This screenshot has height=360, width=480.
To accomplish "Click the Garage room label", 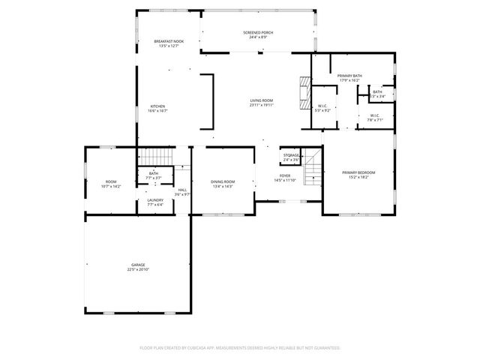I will [138, 265].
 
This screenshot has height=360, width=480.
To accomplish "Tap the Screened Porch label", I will [257, 33].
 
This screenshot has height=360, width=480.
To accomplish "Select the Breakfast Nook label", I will [169, 41].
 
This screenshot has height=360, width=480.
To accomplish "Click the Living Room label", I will [262, 100].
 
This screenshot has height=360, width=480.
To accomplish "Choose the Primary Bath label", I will [350, 76].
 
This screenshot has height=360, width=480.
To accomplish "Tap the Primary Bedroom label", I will [358, 172].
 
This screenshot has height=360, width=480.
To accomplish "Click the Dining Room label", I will [223, 181].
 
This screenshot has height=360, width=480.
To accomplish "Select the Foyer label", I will [285, 176].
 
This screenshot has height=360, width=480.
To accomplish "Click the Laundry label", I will [155, 199].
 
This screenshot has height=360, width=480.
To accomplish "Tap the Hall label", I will [182, 190].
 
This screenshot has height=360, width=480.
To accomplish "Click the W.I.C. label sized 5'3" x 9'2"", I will [322, 106].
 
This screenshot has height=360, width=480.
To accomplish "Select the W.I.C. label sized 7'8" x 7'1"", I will [374, 115].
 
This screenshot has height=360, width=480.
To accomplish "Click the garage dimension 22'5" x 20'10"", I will [138, 269].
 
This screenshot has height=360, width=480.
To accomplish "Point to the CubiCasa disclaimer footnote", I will [240, 347].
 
